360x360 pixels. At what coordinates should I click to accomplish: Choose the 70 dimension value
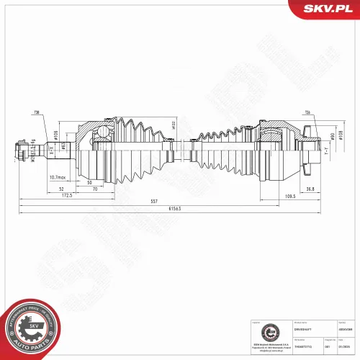coord(95,189)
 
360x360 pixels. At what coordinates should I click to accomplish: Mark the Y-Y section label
coord(325,153)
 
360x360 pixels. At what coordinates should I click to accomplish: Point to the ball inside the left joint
coord(104,131)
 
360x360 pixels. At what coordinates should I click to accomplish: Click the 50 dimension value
coord(89,183)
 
